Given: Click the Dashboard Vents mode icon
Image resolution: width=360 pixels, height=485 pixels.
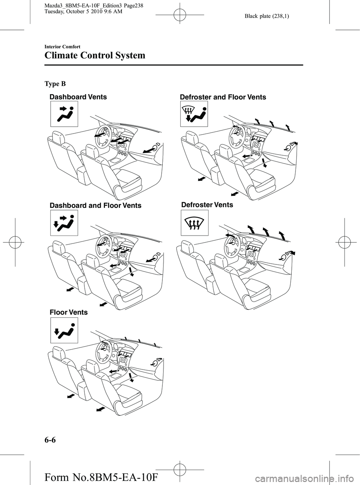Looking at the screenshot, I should (x=64, y=114).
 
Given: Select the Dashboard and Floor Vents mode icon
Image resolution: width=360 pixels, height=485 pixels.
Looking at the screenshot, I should (x=64, y=223).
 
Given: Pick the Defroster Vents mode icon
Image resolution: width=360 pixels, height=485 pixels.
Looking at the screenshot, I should (x=194, y=223).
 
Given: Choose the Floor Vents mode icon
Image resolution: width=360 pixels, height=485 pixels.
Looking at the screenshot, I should (x=64, y=330).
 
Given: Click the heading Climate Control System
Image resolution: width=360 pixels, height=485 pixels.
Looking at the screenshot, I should (x=94, y=56).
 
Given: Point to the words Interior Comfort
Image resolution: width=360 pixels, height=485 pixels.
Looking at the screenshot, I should (x=62, y=47).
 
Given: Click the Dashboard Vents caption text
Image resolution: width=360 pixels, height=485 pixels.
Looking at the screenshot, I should (x=78, y=97).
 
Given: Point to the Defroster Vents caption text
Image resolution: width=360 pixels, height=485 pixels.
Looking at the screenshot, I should (x=207, y=205).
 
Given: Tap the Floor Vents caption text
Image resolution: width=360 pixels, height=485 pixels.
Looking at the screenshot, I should (x=69, y=312).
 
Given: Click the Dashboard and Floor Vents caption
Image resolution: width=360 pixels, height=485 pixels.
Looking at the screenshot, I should (x=95, y=206).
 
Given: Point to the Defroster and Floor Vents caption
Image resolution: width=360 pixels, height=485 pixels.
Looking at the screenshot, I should (x=223, y=98).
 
